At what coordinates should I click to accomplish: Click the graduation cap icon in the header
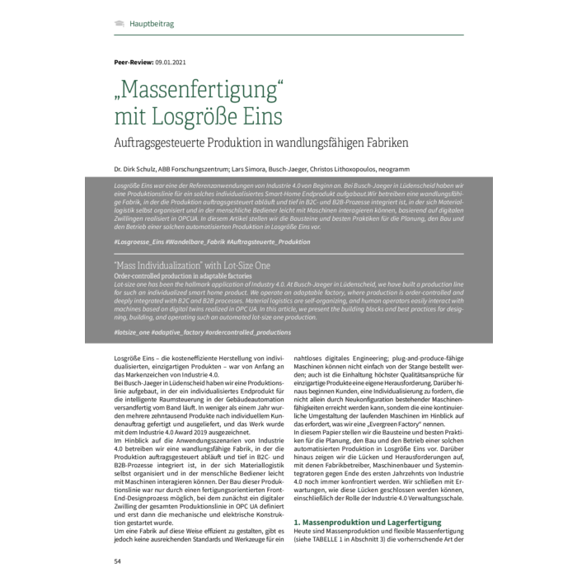coord(120,24)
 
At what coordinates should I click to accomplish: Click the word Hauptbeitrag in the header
coord(152,25)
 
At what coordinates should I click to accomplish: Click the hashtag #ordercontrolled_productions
coord(255,331)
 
